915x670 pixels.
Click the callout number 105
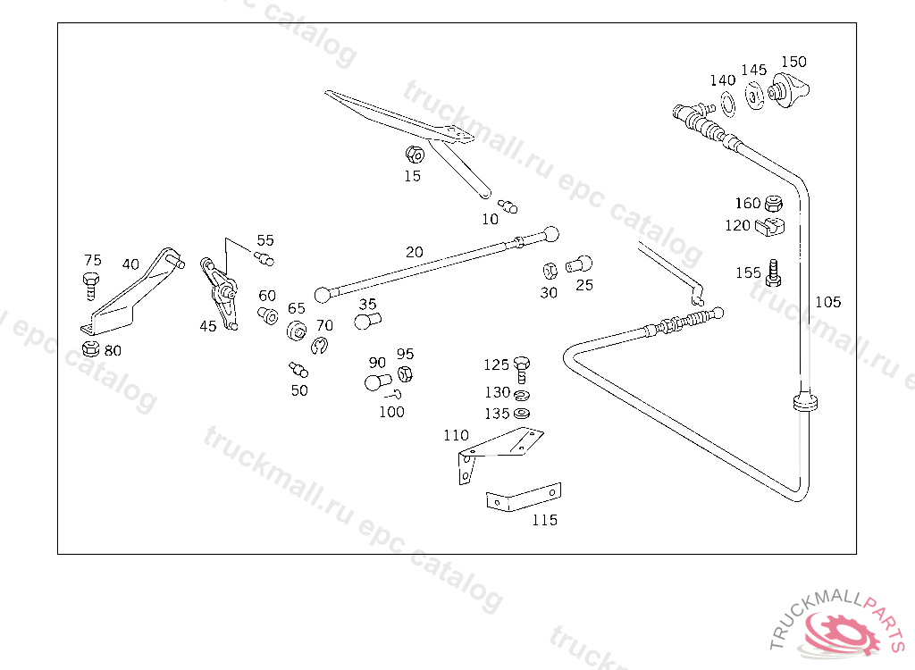(x=827, y=302)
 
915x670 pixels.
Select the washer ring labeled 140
(x=728, y=104)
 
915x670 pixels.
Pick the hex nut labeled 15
(x=415, y=155)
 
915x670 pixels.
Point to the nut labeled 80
(x=90, y=349)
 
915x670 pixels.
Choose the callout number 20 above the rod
(x=414, y=252)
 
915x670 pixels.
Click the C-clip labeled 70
(x=319, y=346)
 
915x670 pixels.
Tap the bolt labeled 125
(x=522, y=370)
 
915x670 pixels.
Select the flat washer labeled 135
(x=521, y=414)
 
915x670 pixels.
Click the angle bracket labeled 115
(x=524, y=498)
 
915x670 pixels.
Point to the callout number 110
(x=456, y=435)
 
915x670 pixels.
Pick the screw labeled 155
(x=773, y=273)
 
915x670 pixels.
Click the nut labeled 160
(x=773, y=203)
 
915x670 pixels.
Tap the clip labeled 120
(x=769, y=226)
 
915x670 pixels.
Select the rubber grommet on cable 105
(x=805, y=402)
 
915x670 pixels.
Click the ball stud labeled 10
(x=508, y=206)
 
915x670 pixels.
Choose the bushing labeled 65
(x=297, y=331)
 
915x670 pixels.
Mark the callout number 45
(x=207, y=326)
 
